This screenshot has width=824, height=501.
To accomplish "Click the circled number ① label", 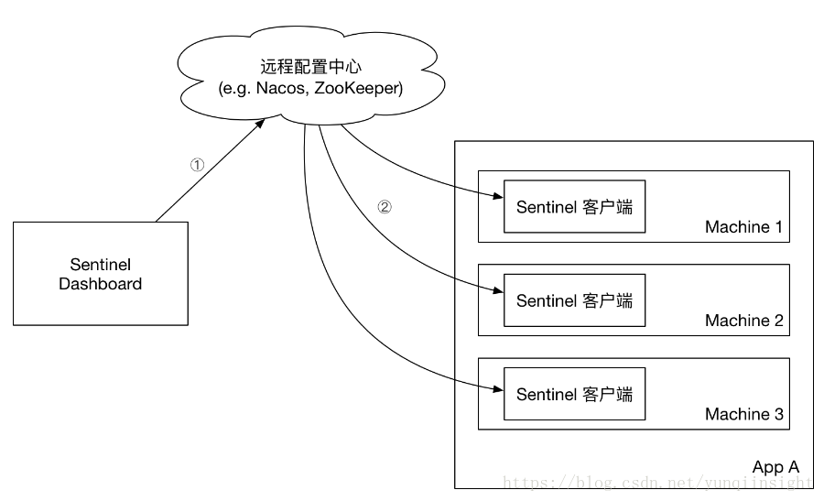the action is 197,165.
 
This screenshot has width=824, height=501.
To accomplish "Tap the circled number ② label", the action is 385,207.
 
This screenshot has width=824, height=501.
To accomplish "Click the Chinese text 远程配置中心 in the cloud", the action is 311,67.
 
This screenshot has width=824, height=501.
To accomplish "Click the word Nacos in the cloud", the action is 282,88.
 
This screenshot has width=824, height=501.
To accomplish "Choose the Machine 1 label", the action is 743,226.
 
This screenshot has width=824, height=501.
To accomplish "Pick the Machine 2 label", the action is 744,321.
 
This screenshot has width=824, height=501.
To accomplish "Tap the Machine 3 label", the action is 744,414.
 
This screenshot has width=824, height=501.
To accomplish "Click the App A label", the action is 775,467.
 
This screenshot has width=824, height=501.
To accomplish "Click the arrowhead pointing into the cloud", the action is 260,124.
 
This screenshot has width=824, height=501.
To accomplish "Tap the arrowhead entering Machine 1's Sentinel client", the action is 498,196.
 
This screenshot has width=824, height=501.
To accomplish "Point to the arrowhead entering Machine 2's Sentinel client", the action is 498,290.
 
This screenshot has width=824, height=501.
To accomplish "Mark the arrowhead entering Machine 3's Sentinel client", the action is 498,389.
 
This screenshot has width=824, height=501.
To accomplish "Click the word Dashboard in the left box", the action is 101,284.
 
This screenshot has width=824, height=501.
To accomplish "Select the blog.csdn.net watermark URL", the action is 657,482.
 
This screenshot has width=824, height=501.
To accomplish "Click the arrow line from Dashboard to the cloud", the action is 211,170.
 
